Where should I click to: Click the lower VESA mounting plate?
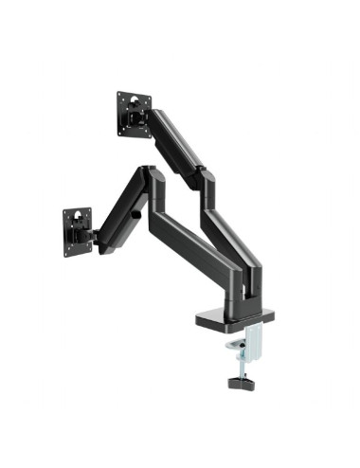pos(77,229)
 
